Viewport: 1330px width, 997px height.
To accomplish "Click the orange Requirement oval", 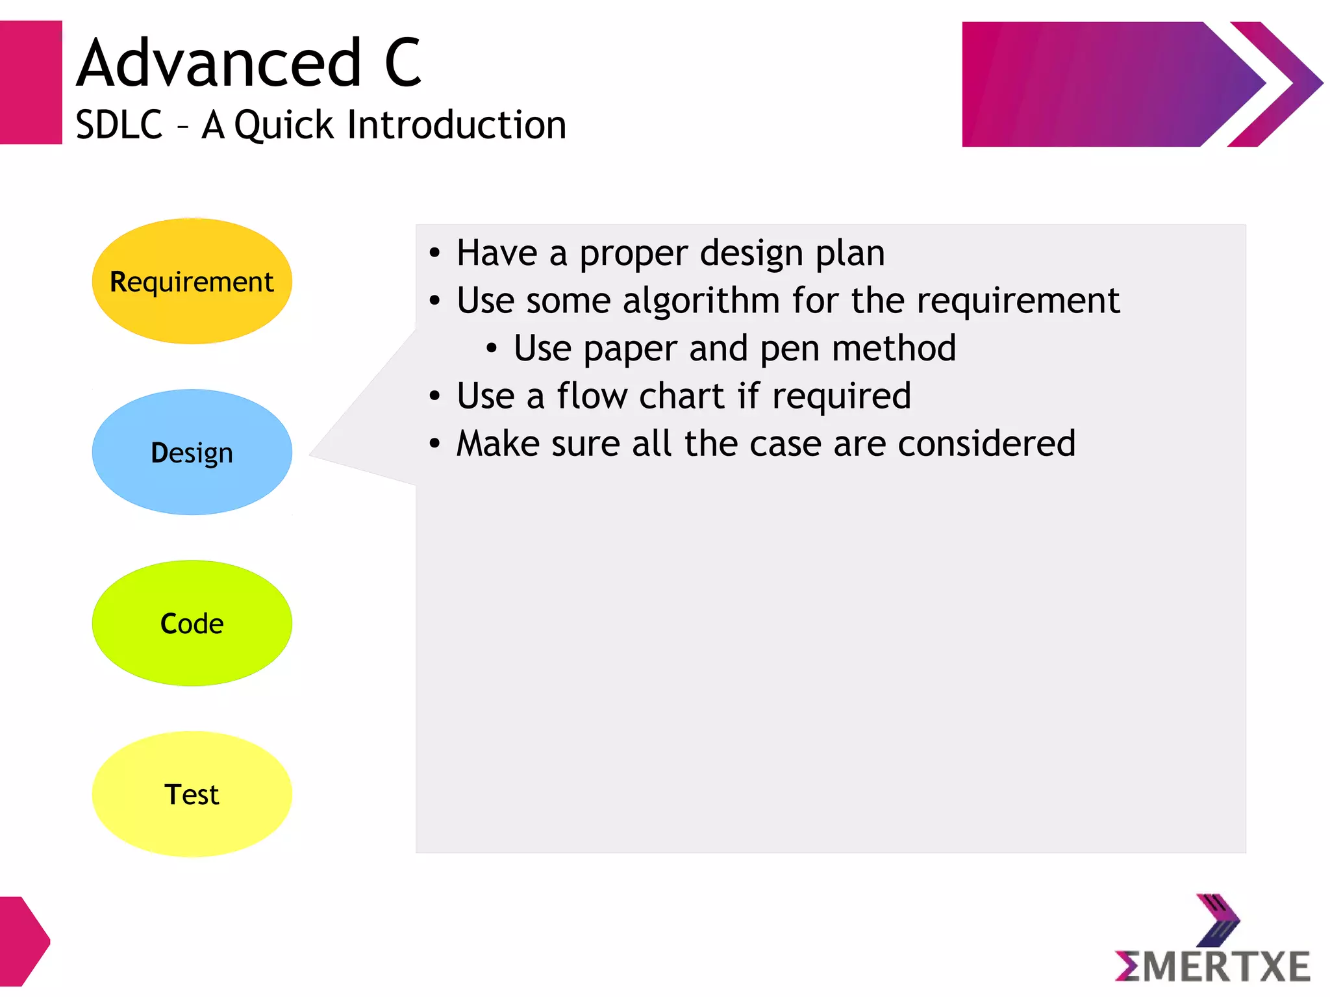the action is click(192, 281).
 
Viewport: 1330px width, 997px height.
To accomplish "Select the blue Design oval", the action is click(192, 452).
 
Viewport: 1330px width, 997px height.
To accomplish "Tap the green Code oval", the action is click(192, 623).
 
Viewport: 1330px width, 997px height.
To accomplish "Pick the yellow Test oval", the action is click(192, 794).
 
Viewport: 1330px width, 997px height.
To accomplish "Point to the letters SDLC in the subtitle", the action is click(119, 125).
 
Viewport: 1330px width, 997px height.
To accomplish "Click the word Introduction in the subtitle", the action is click(457, 125).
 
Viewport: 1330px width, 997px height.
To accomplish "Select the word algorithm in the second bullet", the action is click(701, 301).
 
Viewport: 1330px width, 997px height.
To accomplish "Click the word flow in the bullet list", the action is click(592, 396).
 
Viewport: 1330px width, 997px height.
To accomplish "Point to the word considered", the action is click(986, 444).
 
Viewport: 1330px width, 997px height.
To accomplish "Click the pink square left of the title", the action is click(31, 82).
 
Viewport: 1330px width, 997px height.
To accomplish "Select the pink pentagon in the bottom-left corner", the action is click(23, 941).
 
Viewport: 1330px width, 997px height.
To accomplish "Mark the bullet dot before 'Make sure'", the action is click(434, 444).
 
